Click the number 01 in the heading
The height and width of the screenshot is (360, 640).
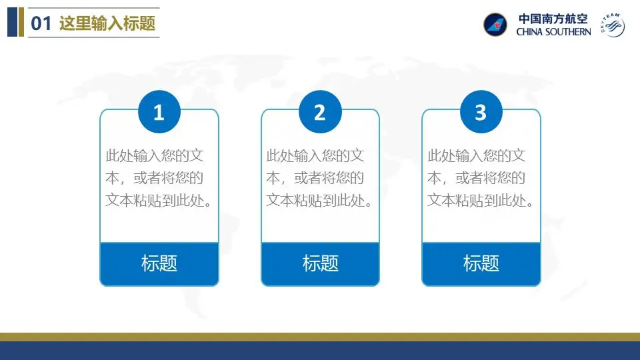[41, 23]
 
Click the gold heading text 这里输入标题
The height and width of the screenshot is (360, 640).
[107, 23]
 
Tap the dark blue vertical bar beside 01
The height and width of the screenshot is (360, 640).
[12, 22]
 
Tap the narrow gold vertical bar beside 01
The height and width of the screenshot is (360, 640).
[21, 22]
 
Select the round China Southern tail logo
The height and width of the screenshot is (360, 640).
[495, 25]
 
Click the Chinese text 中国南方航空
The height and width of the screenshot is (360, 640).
[553, 19]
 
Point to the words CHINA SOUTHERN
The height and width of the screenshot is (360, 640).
[553, 32]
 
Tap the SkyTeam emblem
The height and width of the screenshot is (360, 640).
[612, 25]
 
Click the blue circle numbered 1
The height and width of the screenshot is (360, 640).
[159, 111]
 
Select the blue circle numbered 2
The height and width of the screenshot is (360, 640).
[320, 111]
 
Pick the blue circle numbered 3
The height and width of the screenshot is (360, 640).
[481, 111]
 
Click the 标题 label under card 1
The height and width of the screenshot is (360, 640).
[159, 263]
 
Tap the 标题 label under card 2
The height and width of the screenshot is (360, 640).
[321, 263]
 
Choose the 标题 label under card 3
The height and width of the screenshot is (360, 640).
[481, 263]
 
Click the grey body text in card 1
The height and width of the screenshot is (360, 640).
[159, 178]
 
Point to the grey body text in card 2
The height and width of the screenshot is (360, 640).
[319, 178]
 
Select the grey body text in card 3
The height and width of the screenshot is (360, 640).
[481, 178]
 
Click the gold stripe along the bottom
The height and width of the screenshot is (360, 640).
[320, 337]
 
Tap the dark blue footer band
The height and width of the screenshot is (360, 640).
[320, 351]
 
